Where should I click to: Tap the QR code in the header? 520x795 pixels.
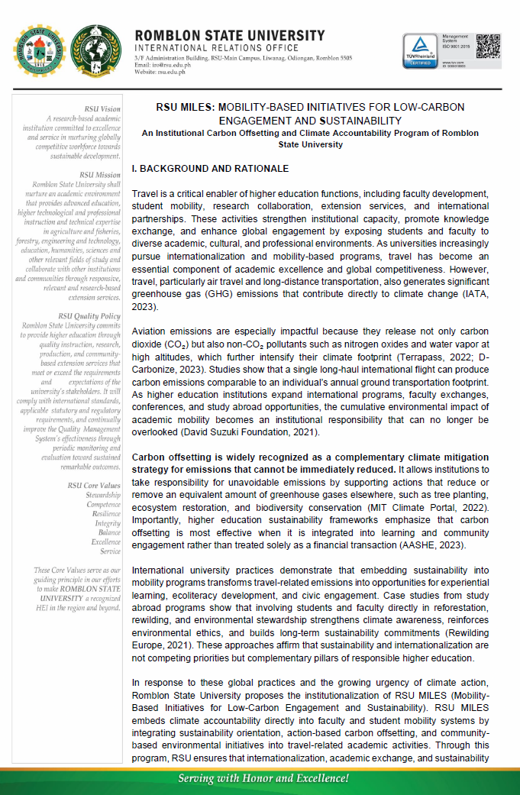(x=488, y=46)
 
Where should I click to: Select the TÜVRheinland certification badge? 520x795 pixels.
(x=421, y=52)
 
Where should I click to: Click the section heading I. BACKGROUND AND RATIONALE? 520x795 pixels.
(x=199, y=167)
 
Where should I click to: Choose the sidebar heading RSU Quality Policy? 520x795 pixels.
(x=89, y=315)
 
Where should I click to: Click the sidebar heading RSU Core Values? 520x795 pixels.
(x=94, y=485)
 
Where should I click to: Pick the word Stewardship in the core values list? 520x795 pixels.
(x=103, y=495)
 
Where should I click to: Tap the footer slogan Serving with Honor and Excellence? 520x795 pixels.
(x=263, y=778)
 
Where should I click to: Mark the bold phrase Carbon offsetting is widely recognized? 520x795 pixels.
(x=221, y=457)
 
